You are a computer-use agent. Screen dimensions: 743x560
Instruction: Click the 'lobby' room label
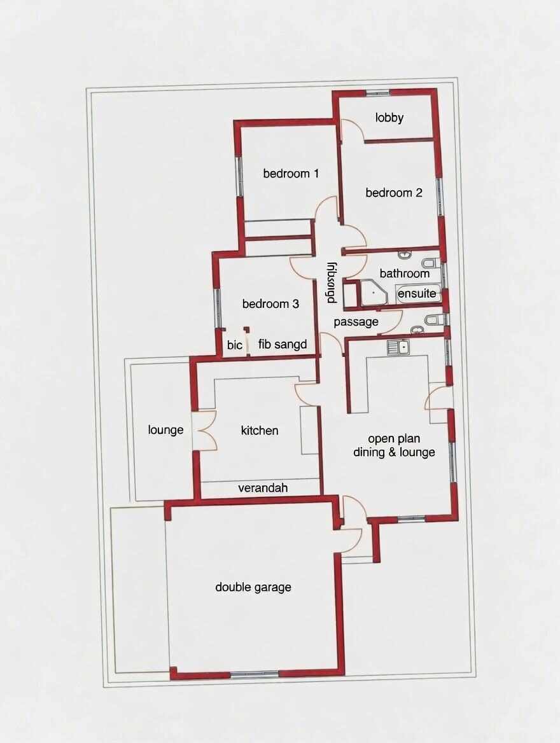(389, 118)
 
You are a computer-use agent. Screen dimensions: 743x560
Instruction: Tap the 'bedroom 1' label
(291, 173)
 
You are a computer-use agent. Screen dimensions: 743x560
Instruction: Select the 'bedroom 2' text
(394, 193)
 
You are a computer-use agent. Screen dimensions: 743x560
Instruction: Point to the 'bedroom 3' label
(270, 304)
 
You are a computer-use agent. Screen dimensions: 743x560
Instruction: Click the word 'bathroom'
(405, 274)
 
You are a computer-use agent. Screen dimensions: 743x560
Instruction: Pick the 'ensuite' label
(417, 294)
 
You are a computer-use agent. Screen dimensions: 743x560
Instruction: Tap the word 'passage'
(356, 322)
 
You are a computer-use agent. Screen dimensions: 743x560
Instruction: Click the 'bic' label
(235, 345)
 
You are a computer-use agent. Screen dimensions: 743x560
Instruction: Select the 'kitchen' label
(260, 431)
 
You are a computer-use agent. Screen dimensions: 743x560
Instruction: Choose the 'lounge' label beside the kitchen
(165, 430)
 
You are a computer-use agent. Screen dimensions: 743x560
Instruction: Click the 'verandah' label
(263, 488)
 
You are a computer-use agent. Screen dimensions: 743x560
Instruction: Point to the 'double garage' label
(253, 587)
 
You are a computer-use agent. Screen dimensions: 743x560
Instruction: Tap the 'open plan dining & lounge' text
(394, 445)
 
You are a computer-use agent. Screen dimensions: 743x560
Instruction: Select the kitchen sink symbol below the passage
(398, 347)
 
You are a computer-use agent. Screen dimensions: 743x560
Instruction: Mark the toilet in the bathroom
(430, 263)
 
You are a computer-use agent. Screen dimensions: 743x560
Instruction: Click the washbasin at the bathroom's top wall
(404, 255)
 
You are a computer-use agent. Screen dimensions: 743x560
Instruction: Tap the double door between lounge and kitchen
(204, 431)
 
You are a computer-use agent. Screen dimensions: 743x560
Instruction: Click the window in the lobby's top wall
(377, 94)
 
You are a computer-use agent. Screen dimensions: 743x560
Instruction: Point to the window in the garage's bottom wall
(255, 674)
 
